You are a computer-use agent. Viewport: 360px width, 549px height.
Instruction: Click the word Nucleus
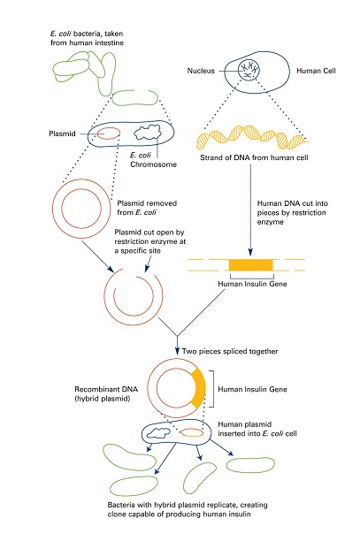(201, 71)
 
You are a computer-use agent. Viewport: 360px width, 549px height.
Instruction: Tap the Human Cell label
(316, 71)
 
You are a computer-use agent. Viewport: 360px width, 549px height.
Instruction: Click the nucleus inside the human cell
(249, 70)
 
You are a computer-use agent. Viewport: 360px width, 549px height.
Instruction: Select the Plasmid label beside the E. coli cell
(62, 133)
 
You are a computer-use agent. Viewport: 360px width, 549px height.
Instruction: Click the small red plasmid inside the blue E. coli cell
(108, 133)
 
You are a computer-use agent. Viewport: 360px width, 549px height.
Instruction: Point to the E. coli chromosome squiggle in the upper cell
(148, 133)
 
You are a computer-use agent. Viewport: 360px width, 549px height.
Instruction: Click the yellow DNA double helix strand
(252, 138)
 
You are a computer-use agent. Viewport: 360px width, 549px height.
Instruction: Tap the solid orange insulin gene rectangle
(250, 265)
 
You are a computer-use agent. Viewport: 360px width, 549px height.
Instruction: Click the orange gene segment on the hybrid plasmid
(199, 388)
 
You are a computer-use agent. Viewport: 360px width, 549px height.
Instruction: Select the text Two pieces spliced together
(230, 351)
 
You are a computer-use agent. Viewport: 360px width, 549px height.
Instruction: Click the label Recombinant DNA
(106, 389)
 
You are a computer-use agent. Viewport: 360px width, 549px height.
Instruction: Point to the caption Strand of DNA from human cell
(254, 157)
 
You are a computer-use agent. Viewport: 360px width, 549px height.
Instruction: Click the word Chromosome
(153, 164)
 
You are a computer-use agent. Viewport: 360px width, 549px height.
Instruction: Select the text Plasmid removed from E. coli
(147, 208)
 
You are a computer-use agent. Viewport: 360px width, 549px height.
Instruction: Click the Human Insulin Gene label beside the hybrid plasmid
(252, 389)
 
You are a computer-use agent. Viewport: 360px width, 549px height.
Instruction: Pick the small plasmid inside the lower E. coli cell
(192, 433)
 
